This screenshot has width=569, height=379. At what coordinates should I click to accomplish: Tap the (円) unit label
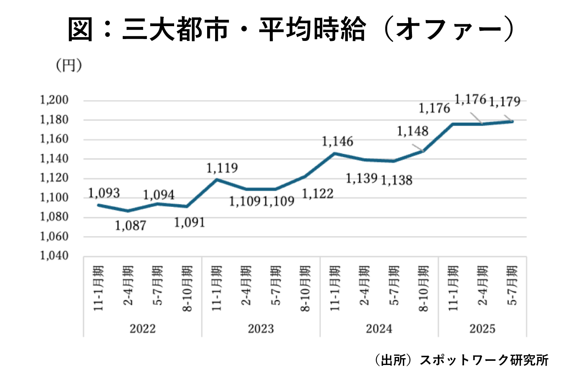[x=69, y=66]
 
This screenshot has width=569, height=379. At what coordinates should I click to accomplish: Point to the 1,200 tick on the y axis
[x=54, y=100]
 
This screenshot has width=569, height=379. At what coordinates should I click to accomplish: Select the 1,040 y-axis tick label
[x=54, y=256]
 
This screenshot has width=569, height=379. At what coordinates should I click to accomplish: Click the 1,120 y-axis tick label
[x=54, y=178]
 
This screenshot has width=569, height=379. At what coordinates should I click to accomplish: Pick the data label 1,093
[x=104, y=193]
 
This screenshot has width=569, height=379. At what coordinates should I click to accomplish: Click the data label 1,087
[x=130, y=226]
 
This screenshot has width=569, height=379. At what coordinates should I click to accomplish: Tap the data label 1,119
[x=222, y=168]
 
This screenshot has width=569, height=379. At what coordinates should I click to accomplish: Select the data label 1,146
[x=337, y=142]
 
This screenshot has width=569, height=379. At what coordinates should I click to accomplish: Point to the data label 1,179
[x=505, y=102]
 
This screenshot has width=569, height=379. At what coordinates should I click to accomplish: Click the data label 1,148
[x=412, y=132]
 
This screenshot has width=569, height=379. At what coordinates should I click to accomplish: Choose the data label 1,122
[x=318, y=194]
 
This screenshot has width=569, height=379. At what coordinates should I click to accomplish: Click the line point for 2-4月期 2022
[x=128, y=211]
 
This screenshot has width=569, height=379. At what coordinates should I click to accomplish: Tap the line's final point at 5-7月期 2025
[x=512, y=122]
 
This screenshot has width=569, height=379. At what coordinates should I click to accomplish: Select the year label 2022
[x=143, y=329]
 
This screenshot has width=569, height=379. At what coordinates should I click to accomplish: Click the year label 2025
[x=482, y=329]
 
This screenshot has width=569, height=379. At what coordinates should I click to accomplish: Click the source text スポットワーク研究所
[x=484, y=360]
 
